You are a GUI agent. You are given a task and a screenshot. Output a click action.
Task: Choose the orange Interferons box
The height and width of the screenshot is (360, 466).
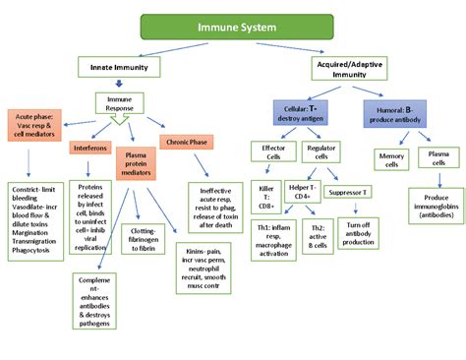(x=90, y=149)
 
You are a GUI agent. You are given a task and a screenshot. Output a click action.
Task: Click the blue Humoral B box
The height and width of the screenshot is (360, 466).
(x=399, y=111)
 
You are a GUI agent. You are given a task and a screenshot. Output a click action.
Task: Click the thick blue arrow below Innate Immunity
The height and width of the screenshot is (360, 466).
(x=120, y=85)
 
